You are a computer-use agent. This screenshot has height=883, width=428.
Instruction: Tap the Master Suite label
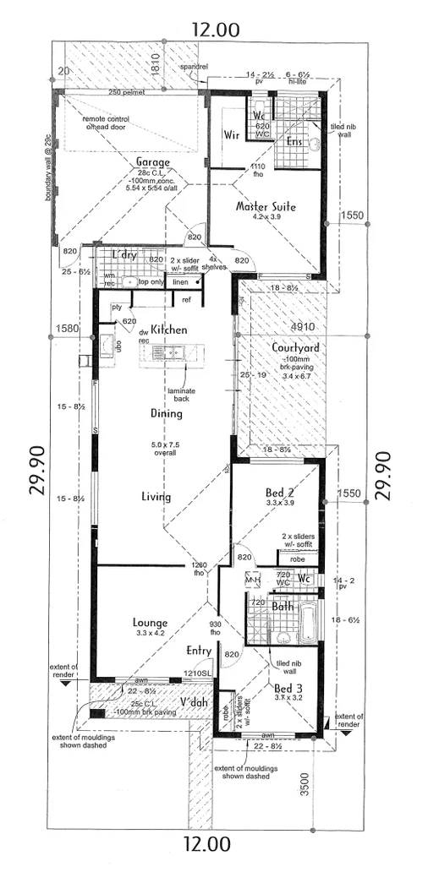click(266, 205)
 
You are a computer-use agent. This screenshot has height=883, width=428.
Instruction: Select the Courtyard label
click(295, 347)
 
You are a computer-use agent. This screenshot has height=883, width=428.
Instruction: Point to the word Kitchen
click(168, 330)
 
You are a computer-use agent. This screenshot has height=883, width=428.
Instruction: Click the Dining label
click(167, 413)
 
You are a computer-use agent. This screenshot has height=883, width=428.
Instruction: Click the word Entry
click(199, 651)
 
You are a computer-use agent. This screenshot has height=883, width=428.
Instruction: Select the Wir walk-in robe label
click(231, 135)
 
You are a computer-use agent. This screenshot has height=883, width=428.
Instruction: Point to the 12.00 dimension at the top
click(215, 30)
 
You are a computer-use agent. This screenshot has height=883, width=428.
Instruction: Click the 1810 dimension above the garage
click(155, 63)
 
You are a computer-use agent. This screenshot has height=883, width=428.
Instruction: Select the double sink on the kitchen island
click(175, 353)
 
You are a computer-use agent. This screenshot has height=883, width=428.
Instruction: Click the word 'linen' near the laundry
click(180, 282)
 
